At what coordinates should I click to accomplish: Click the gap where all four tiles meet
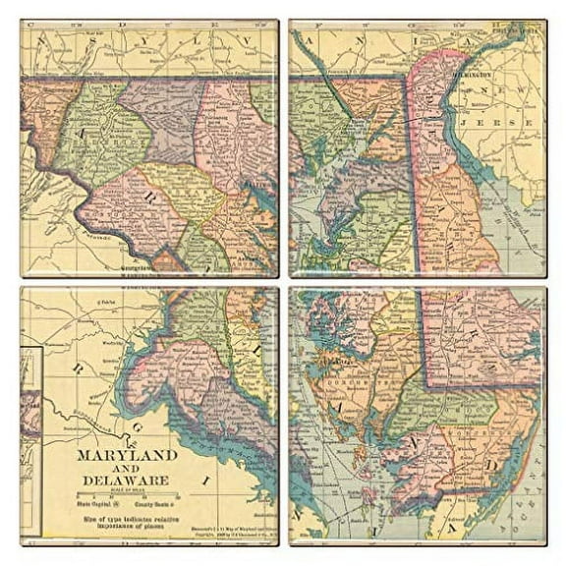click(x=283, y=282)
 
